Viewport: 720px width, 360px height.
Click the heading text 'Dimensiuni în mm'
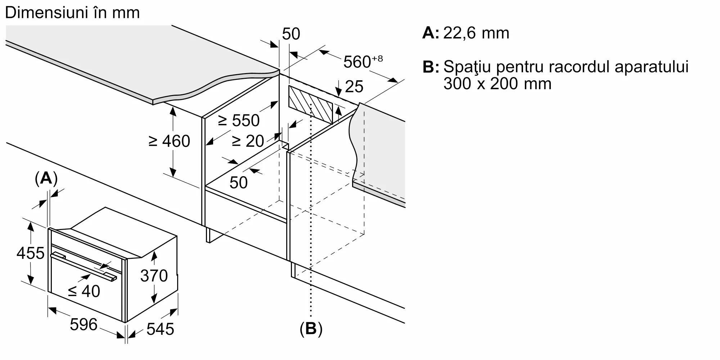pyautogui.click(x=72, y=13)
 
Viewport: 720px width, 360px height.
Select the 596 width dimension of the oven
pyautogui.click(x=84, y=324)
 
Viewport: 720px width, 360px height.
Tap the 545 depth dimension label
pyautogui.click(x=160, y=329)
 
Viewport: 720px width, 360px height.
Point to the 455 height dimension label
pyautogui.click(x=30, y=253)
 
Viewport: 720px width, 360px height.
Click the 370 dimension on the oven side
pyautogui.click(x=154, y=276)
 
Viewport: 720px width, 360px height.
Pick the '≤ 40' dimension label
pyautogui.click(x=84, y=291)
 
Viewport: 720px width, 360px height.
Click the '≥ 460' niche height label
pyautogui.click(x=169, y=141)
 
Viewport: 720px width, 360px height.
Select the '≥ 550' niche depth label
pyautogui.click(x=239, y=120)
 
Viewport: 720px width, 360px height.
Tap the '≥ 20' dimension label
pyautogui.click(x=248, y=141)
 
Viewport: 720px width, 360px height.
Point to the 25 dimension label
pyautogui.click(x=354, y=87)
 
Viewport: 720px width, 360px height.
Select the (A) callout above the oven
pyautogui.click(x=46, y=178)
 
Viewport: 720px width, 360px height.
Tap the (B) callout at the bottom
pyautogui.click(x=311, y=329)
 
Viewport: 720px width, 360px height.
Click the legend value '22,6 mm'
pyautogui.click(x=476, y=33)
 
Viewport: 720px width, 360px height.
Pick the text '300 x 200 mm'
pyautogui.click(x=497, y=84)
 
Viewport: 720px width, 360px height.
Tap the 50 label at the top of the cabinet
pyautogui.click(x=291, y=34)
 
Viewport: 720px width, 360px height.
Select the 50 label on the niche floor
pyautogui.click(x=238, y=183)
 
